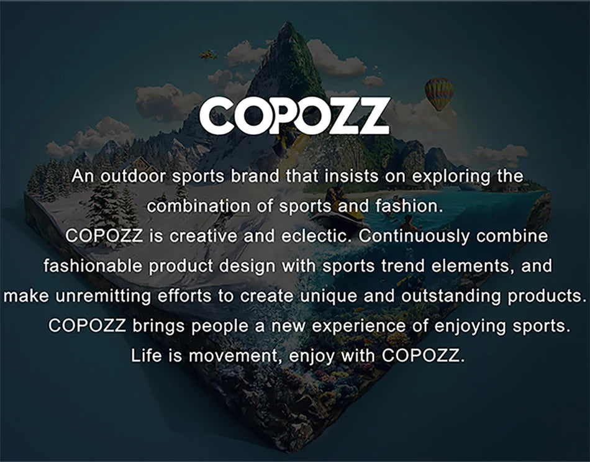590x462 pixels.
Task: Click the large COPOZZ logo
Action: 294,115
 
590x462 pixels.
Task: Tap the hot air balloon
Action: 439,93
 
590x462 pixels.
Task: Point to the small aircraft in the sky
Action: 209,55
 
